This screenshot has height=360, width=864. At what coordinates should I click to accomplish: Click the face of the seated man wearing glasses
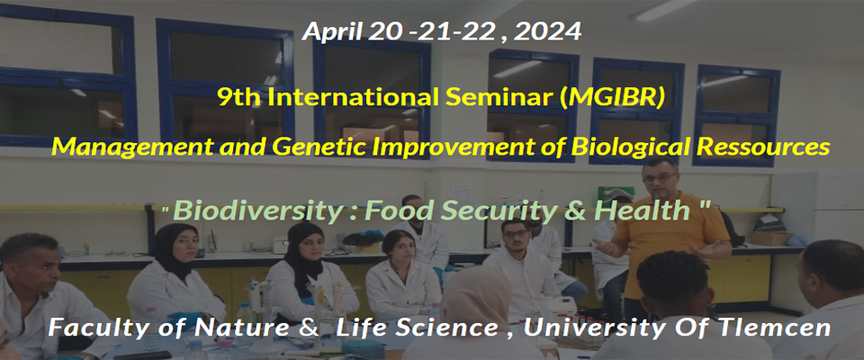[x=515, y=236]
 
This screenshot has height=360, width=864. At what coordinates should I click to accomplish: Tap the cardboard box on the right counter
[x=769, y=238]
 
